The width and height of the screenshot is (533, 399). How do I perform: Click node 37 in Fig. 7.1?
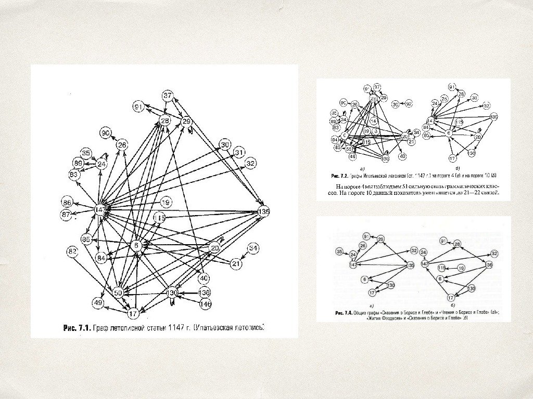pos(167,96)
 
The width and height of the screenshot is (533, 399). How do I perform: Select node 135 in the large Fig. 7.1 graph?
pos(264,211)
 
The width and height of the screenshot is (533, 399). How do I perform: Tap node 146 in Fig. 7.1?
pos(205,304)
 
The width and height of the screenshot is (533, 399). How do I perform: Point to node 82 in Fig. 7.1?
pos(72,252)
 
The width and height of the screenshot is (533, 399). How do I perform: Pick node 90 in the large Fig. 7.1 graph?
pos(106,133)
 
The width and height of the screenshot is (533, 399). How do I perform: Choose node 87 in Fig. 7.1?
pos(66,215)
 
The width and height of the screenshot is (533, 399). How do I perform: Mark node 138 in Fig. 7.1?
pos(205,292)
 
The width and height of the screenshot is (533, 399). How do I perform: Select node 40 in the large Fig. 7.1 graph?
pos(204,278)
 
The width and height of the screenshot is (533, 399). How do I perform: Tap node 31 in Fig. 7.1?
pos(239,153)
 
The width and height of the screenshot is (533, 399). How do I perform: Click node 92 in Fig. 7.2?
pos(409,104)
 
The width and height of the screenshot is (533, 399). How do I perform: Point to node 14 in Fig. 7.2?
pos(373,121)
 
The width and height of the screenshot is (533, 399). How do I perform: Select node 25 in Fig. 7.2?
pos(444,99)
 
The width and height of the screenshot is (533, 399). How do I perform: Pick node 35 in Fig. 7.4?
pos(339,251)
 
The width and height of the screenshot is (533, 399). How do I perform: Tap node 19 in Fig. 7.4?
pos(461,268)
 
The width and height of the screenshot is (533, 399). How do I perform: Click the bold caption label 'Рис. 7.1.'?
pos(77,328)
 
